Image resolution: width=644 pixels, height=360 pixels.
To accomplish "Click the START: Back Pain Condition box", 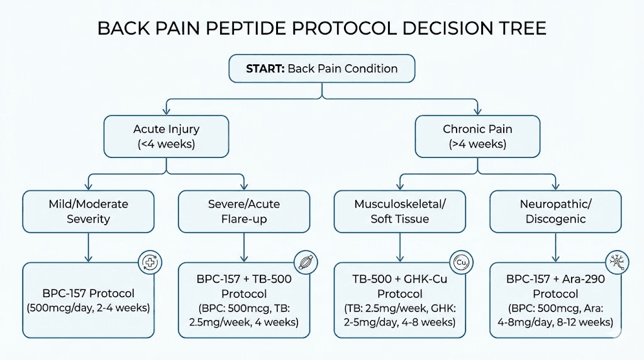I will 321,69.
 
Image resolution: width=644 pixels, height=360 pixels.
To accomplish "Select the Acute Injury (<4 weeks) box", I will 166,137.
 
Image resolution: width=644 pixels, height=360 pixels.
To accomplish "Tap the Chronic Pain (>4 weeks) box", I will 477,137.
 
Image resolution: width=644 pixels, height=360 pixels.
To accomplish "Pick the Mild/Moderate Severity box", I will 88,211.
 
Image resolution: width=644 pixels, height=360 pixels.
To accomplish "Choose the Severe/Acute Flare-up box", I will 244,211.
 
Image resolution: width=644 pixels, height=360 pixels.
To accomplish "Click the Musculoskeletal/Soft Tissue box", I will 399,211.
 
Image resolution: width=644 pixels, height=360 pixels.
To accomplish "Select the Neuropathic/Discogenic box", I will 555,211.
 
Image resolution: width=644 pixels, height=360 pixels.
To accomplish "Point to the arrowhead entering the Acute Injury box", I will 166,111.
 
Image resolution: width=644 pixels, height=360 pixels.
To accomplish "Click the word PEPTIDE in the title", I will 280,29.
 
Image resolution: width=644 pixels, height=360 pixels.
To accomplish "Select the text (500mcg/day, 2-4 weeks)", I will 88,308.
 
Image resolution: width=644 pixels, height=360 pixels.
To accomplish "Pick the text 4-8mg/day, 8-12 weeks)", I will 555,322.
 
